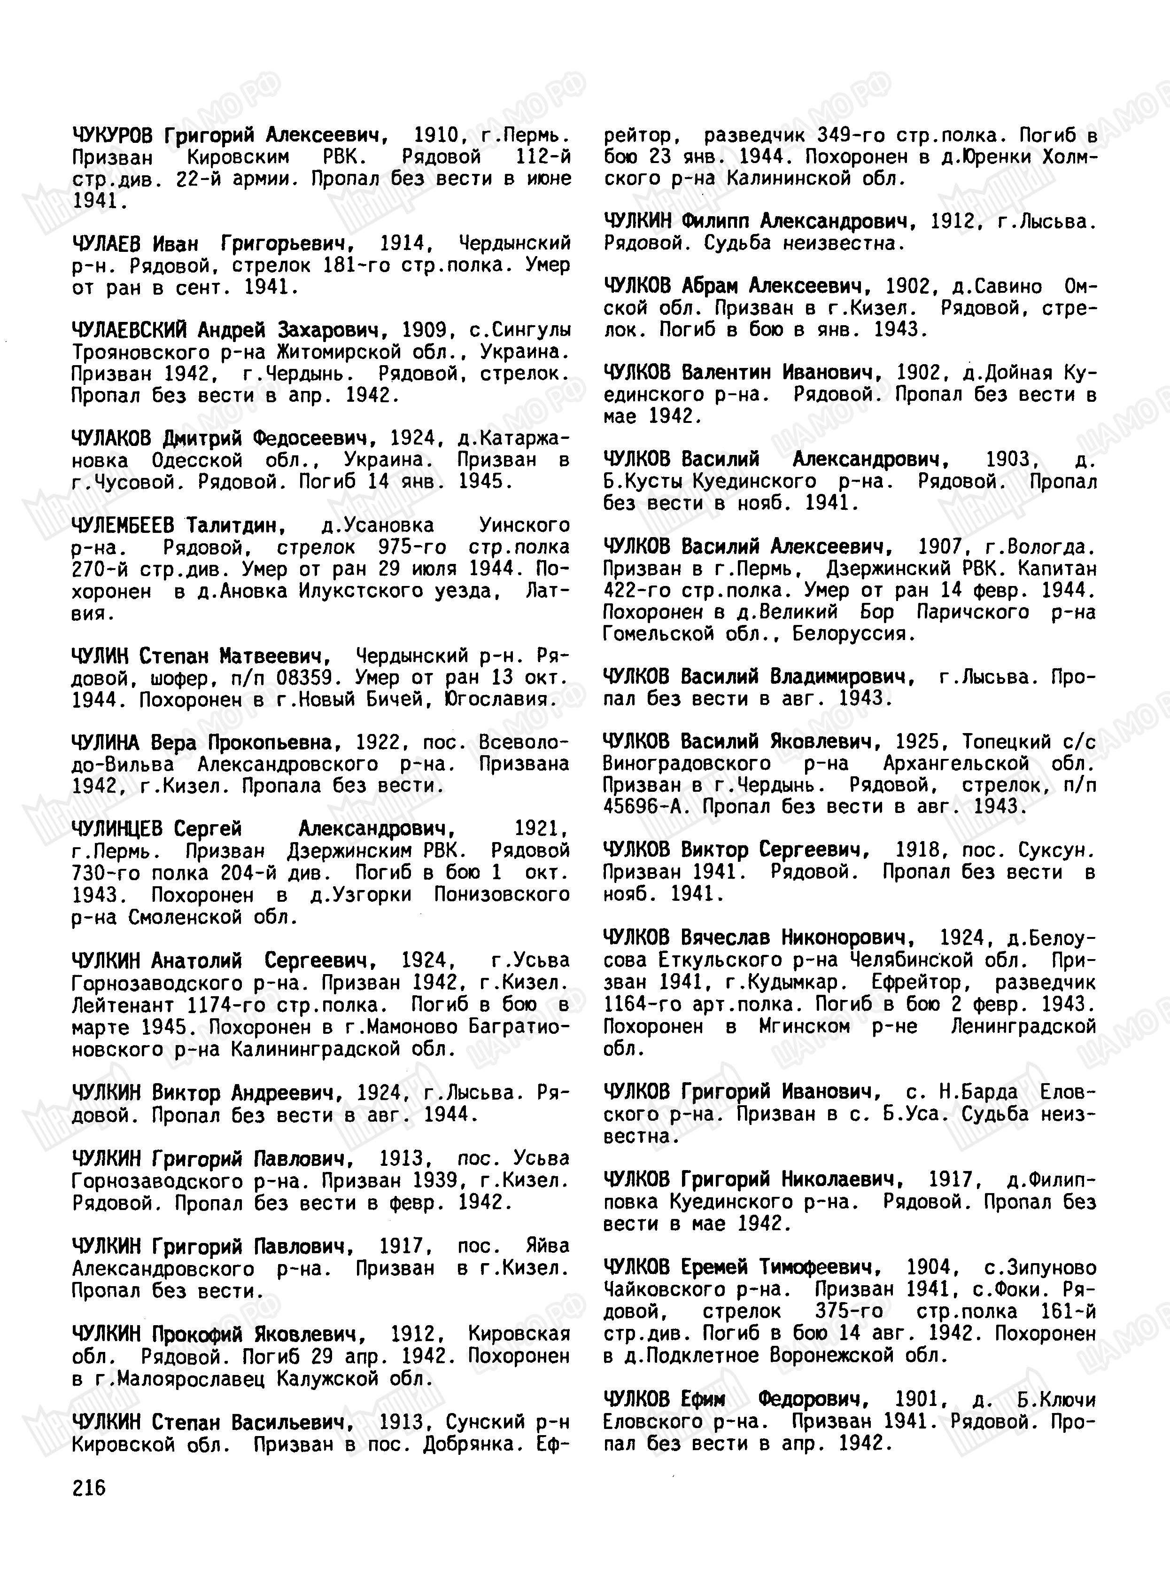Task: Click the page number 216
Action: pyautogui.click(x=88, y=1487)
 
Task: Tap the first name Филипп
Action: pyautogui.click(x=714, y=222)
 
